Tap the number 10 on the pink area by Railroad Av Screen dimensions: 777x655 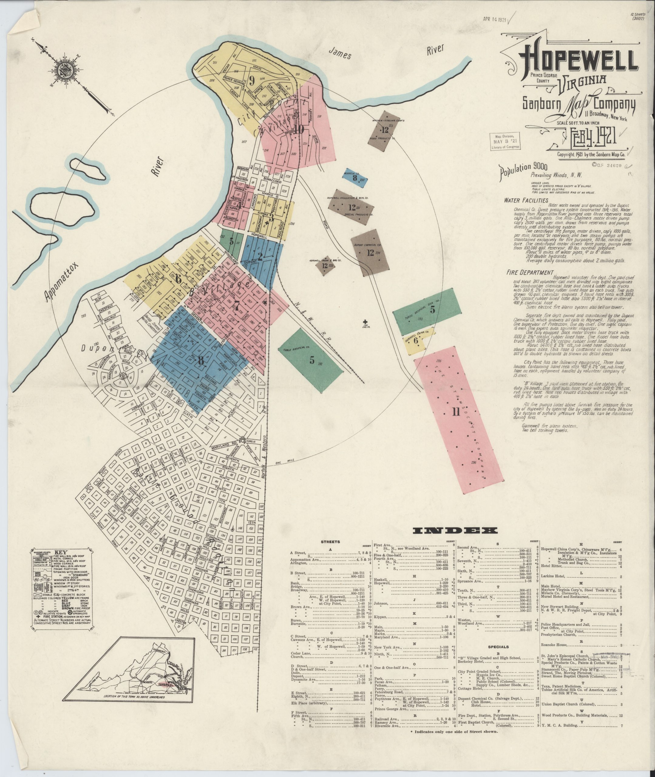(300, 130)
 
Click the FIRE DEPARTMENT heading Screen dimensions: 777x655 (529, 273)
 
